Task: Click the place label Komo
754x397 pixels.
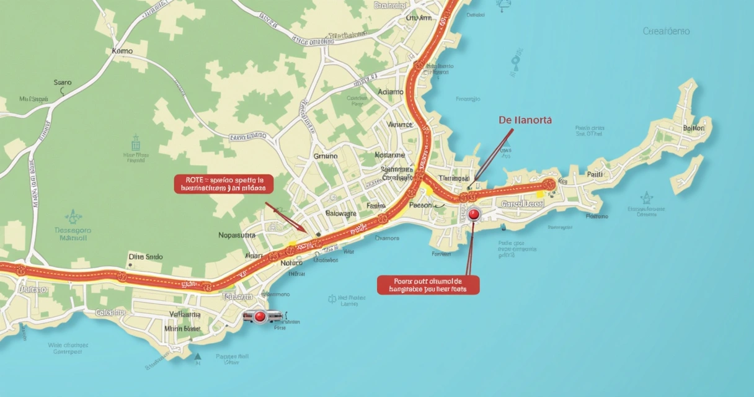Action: pyautogui.click(x=122, y=51)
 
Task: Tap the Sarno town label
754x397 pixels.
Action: pyautogui.click(x=63, y=82)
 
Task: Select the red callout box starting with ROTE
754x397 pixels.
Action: pyautogui.click(x=223, y=183)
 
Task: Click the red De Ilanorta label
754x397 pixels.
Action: pyautogui.click(x=525, y=120)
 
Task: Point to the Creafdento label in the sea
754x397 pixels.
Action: pyautogui.click(x=667, y=31)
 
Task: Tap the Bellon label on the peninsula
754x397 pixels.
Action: pyautogui.click(x=693, y=128)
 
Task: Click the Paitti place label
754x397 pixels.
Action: pyautogui.click(x=595, y=175)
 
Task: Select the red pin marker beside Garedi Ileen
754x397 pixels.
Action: pyautogui.click(x=474, y=215)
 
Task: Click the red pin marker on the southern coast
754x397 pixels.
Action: pyautogui.click(x=260, y=317)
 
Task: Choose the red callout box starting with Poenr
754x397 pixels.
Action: pyautogui.click(x=428, y=284)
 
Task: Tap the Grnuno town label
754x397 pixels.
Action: pyautogui.click(x=326, y=156)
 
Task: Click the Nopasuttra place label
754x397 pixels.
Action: pyautogui.click(x=237, y=235)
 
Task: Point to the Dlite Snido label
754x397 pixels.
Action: pyautogui.click(x=146, y=256)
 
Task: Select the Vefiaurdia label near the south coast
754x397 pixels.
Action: pyautogui.click(x=185, y=314)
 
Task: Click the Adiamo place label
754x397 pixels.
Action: pyautogui.click(x=391, y=92)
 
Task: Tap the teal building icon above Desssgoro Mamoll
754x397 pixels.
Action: pyautogui.click(x=73, y=216)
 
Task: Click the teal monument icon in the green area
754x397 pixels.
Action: pyautogui.click(x=136, y=142)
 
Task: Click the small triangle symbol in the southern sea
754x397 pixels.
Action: pyautogui.click(x=198, y=357)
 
